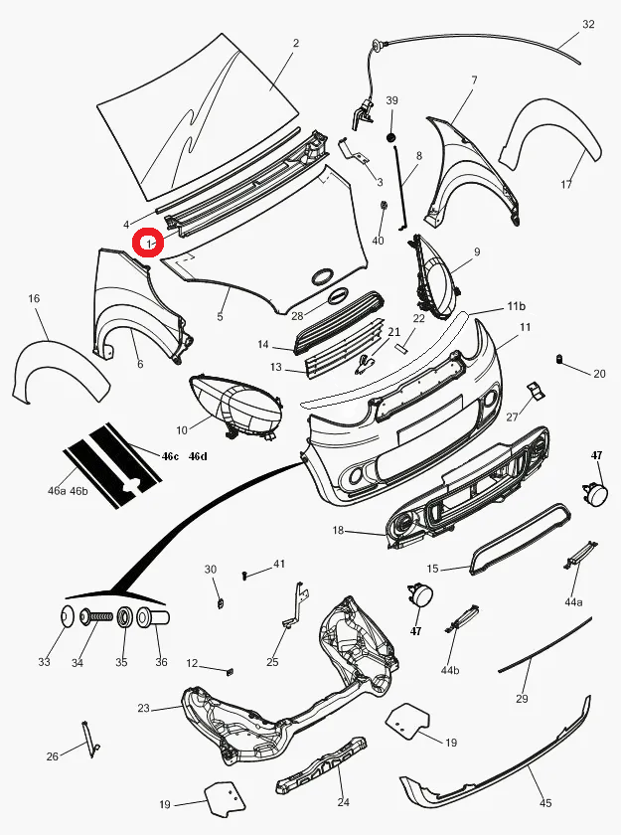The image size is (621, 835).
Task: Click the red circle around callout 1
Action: pyautogui.click(x=150, y=243)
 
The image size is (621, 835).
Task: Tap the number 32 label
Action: pyautogui.click(x=588, y=25)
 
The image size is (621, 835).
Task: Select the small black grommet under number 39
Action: pyautogui.click(x=391, y=135)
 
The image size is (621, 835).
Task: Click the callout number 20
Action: pyautogui.click(x=599, y=375)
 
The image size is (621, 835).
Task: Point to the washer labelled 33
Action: pyautogui.click(x=68, y=617)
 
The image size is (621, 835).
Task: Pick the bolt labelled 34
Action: pyautogui.click(x=94, y=617)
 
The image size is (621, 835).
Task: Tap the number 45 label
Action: pyautogui.click(x=545, y=804)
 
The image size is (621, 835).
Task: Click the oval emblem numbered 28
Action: pyautogui.click(x=323, y=278)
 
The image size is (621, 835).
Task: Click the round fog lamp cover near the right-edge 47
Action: pyautogui.click(x=595, y=493)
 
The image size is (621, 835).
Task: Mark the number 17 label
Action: pyautogui.click(x=566, y=185)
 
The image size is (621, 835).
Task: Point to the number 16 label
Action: pyautogui.click(x=34, y=299)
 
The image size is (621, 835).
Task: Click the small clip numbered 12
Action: pyautogui.click(x=229, y=670)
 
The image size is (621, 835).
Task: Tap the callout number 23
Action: pyautogui.click(x=143, y=709)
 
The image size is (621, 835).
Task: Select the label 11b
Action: pyautogui.click(x=516, y=305)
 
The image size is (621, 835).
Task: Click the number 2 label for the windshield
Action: pyautogui.click(x=295, y=44)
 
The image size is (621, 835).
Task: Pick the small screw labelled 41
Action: pyautogui.click(x=245, y=574)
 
